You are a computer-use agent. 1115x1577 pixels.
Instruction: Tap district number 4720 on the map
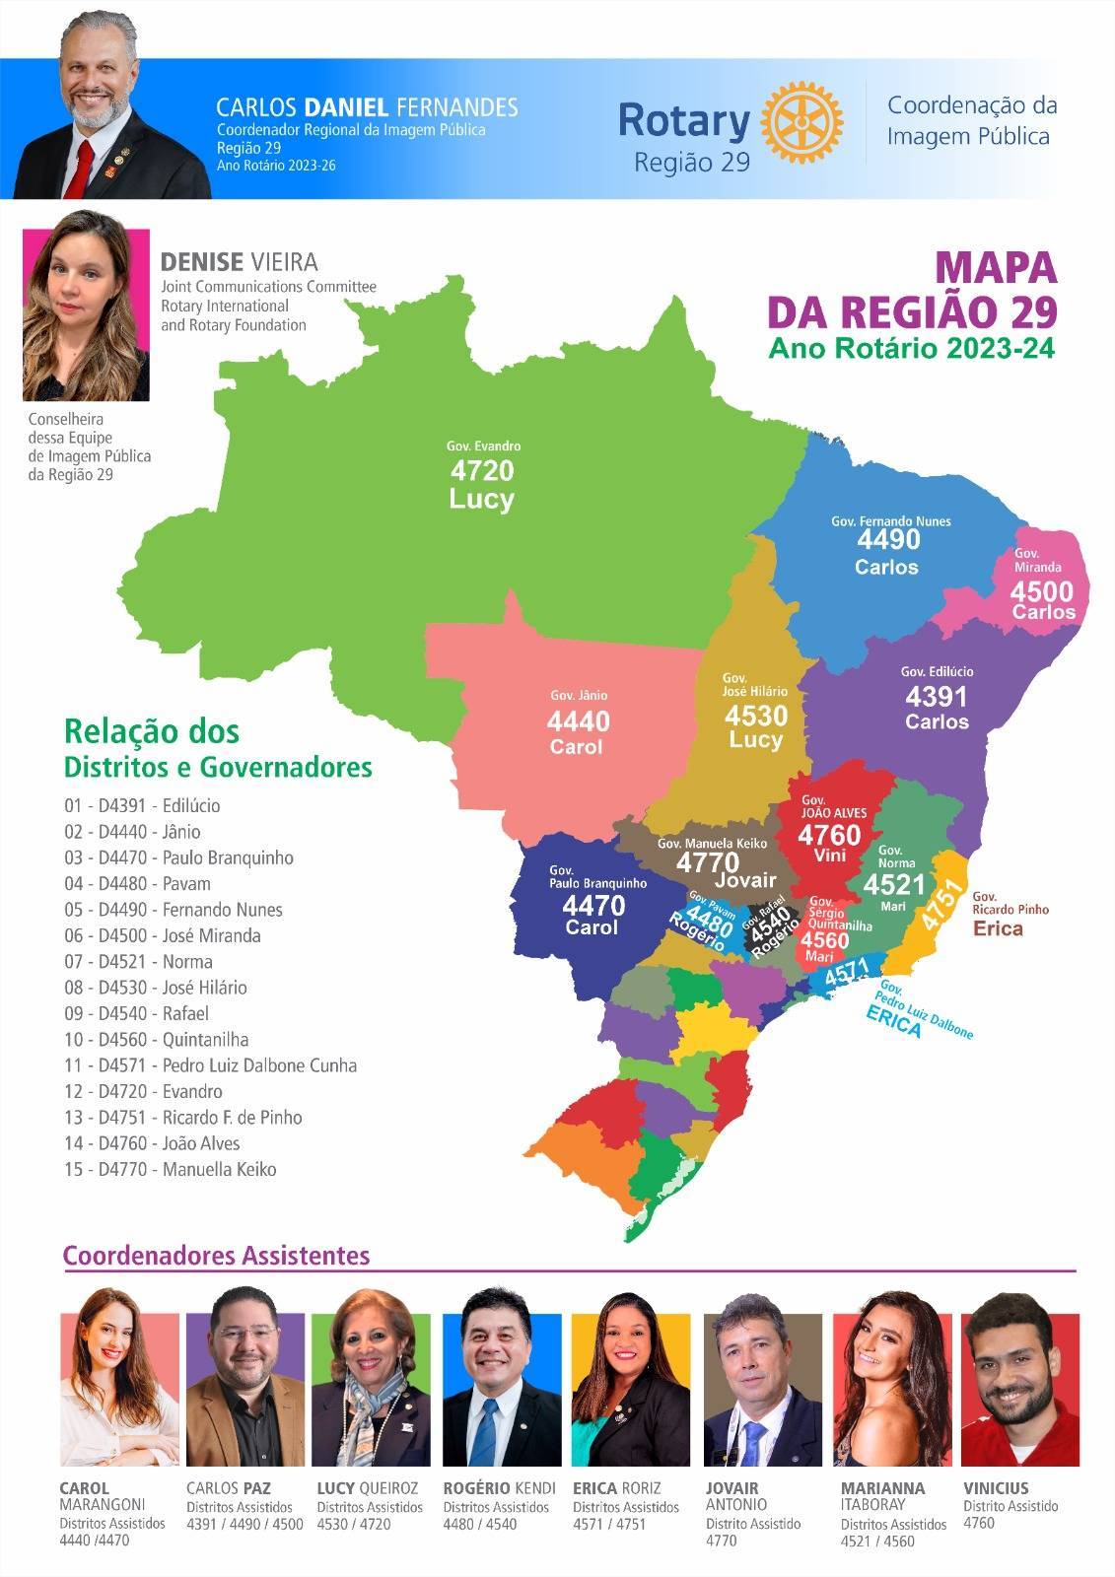482,470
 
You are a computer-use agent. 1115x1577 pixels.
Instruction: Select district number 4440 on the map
579,720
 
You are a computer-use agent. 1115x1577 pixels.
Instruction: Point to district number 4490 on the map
888,540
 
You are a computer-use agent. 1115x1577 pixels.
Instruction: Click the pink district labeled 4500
1041,591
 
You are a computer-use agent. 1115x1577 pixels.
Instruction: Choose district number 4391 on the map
937,697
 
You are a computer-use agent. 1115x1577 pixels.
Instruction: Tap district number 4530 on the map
756,715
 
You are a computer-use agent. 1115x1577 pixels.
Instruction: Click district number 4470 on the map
593,905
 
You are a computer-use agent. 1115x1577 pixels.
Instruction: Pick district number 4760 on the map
829,835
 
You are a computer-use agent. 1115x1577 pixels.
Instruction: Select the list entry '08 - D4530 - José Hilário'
156,988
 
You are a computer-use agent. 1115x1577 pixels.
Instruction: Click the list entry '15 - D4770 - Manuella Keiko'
171,1170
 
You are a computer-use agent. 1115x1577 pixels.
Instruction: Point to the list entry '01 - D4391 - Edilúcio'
142,805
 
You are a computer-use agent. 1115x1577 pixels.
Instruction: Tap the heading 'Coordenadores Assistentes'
216,1255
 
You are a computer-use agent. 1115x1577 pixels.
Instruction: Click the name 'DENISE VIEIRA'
239,262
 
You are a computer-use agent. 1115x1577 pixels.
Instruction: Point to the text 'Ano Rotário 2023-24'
912,348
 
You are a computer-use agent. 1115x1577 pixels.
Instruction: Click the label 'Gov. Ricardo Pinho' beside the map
1010,903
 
